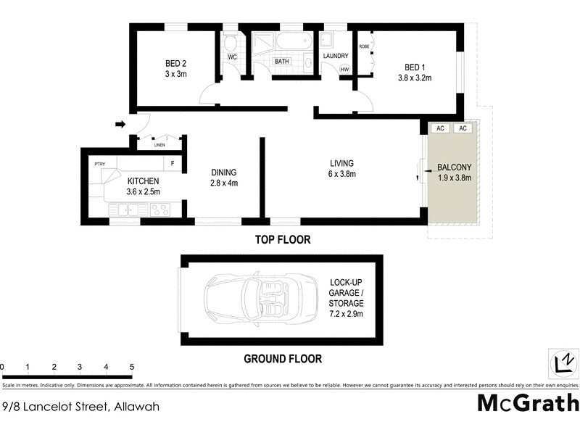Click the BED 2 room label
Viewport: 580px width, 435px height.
(176, 63)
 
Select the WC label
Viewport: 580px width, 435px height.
(232, 56)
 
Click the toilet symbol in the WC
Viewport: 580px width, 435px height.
(231, 42)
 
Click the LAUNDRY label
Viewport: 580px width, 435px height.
(336, 56)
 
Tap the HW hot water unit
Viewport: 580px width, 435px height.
(344, 69)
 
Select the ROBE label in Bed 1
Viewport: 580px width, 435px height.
(364, 47)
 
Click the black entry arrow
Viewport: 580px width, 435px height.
(120, 125)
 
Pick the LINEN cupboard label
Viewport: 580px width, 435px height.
(159, 146)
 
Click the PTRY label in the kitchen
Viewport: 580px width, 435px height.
(100, 165)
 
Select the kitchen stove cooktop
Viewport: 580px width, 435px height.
(159, 210)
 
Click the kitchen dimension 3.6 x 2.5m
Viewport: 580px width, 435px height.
(144, 191)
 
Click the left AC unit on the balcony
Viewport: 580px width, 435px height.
(439, 128)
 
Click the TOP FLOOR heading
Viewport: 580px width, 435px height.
(282, 239)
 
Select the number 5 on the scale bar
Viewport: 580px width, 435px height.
(132, 367)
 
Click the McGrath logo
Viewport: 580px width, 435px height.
(528, 402)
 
